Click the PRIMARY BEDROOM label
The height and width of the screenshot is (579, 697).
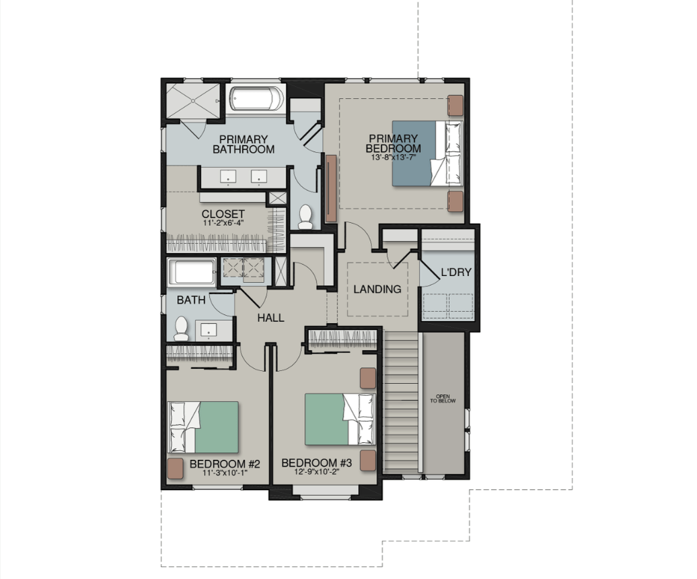click(393, 143)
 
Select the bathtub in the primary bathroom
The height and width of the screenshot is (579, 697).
click(257, 99)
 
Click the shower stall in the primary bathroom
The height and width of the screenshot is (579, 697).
click(193, 100)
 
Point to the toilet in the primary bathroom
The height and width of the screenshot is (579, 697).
click(305, 217)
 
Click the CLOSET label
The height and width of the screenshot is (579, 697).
click(223, 214)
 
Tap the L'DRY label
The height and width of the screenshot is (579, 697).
click(456, 272)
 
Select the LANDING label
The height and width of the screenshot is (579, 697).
click(377, 289)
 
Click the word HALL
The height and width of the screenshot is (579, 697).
click(270, 318)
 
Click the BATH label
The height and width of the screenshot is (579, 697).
click(191, 300)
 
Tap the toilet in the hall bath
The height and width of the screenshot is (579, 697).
click(181, 328)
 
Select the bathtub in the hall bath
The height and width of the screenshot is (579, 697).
click(192, 272)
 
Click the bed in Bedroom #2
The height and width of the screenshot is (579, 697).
click(203, 427)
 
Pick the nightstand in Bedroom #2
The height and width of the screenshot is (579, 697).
click(175, 469)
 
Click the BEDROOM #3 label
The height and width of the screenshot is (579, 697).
click(316, 463)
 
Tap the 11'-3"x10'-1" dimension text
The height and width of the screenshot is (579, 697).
click(225, 473)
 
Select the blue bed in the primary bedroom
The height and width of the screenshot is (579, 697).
click(427, 153)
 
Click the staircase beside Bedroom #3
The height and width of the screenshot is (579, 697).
click(402, 403)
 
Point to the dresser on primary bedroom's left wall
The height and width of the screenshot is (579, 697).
click(331, 188)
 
